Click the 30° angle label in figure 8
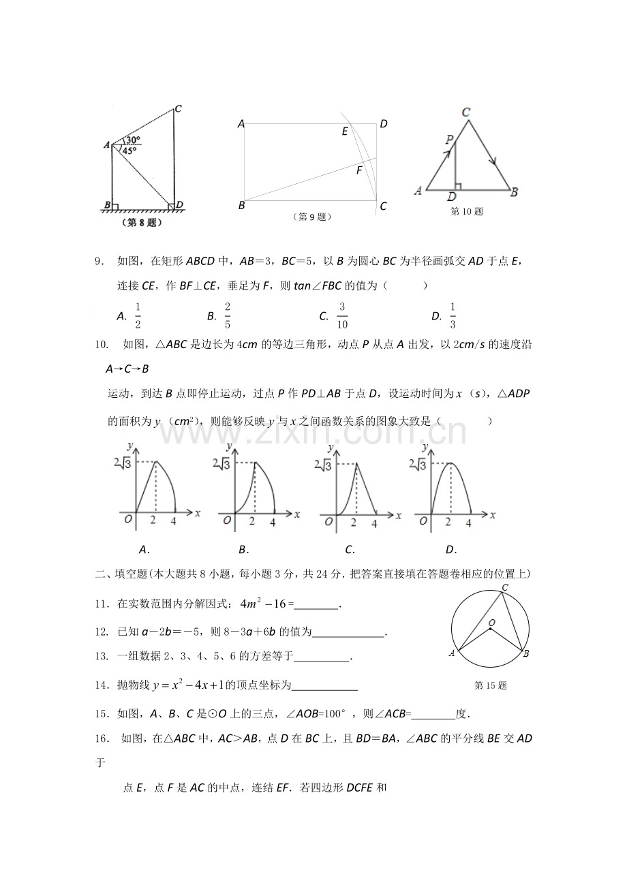(132, 140)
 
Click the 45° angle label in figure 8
(129, 150)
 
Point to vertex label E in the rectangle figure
(345, 131)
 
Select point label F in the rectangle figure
(359, 171)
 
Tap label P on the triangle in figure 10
(448, 140)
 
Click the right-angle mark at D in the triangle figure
(458, 185)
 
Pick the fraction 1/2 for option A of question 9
(138, 315)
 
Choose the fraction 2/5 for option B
(227, 315)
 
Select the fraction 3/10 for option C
(342, 315)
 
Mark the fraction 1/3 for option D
(453, 315)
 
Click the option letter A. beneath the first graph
(144, 549)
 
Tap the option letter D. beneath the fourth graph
(450, 549)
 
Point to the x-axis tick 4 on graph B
(273, 522)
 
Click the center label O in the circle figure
(491, 623)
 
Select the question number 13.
(102, 656)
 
